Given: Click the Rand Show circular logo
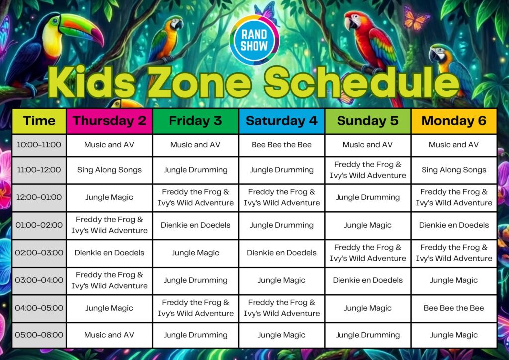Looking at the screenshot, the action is [254, 40].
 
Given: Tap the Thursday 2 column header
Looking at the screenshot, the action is [109, 121].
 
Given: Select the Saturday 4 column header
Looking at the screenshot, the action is [281, 121].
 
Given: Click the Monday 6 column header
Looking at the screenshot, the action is [454, 121].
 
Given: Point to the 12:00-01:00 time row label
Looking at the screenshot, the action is [39, 197].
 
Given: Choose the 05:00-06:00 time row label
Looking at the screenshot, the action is [39, 335].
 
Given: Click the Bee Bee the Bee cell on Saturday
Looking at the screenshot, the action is [281, 145].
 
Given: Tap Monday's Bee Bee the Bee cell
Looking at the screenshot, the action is [454, 308].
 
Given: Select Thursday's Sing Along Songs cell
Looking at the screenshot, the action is [109, 170].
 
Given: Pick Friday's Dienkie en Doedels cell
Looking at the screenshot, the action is [195, 225].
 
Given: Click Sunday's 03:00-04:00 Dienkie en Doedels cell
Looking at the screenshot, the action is [368, 280].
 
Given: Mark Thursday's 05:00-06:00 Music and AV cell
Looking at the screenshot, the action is [109, 335].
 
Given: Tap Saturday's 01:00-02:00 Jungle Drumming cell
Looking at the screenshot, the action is [281, 225].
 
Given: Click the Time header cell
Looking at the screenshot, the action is [39, 121].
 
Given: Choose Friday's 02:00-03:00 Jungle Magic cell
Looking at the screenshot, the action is [195, 253].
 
